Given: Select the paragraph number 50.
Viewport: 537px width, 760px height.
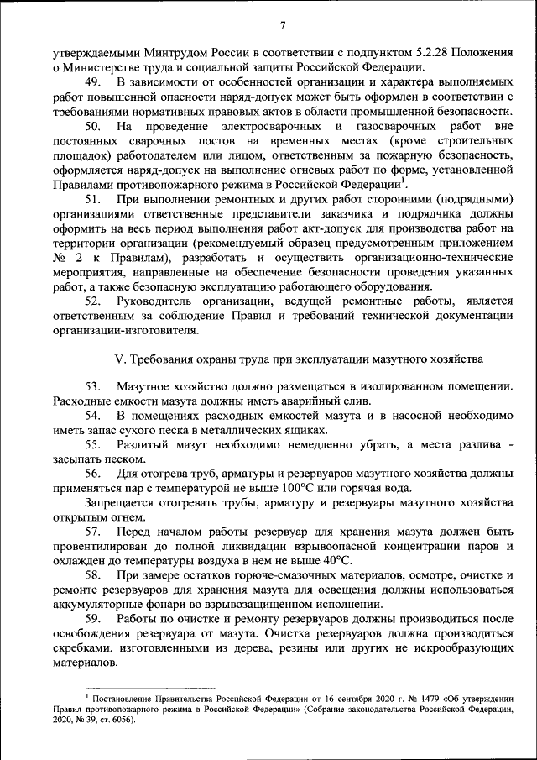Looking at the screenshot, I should click(93, 125).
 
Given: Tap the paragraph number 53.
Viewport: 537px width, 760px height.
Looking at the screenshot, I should click(93, 385).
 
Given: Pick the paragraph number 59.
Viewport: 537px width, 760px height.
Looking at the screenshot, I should click(93, 618).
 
